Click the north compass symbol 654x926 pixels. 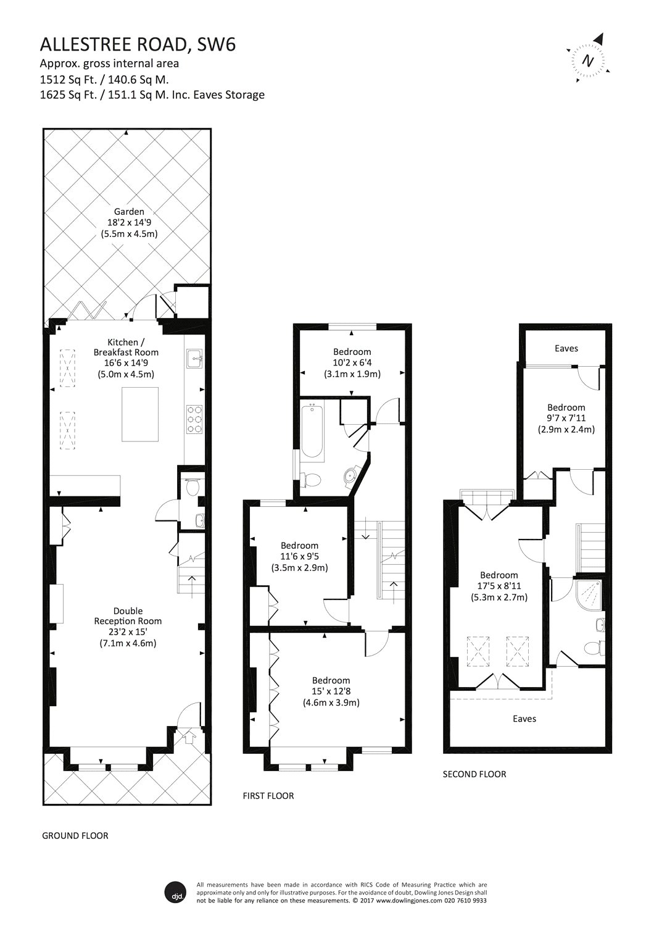[588, 60]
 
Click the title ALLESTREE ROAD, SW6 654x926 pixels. [137, 44]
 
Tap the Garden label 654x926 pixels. [129, 212]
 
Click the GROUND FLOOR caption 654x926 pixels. [75, 835]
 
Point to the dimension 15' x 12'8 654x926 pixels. [331, 691]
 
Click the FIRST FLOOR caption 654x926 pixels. [268, 796]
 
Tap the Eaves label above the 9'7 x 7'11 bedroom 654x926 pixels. [566, 348]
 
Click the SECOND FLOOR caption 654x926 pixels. [474, 774]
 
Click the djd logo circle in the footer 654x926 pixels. [176, 892]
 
